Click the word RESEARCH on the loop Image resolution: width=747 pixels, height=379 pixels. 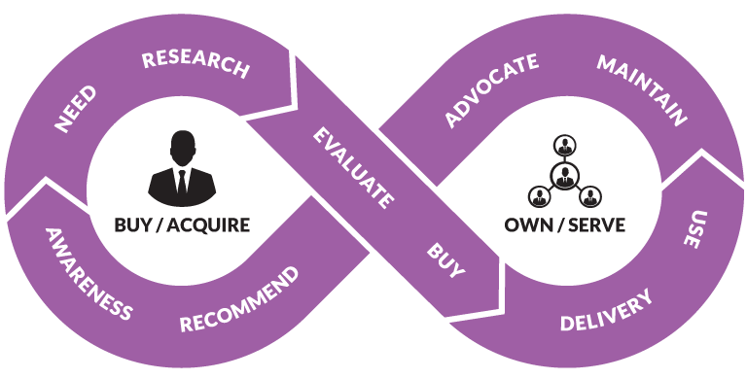[x=196, y=65]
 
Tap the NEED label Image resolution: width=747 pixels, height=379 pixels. [x=75, y=109]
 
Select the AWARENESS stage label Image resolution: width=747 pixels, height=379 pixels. [x=88, y=273]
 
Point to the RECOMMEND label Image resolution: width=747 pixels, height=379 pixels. [x=239, y=299]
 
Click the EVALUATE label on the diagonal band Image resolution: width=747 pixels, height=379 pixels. [x=353, y=167]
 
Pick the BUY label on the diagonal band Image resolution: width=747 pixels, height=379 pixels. [x=445, y=260]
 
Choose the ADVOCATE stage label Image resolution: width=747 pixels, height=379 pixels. [x=491, y=90]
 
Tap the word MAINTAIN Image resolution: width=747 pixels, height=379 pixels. [x=642, y=90]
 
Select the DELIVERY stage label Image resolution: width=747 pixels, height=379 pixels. [x=606, y=310]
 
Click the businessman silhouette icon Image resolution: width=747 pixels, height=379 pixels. [x=182, y=168]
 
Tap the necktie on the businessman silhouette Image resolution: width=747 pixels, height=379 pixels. [x=182, y=183]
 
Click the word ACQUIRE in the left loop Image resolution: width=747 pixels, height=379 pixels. [x=208, y=224]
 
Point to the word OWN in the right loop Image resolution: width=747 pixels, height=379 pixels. [x=528, y=224]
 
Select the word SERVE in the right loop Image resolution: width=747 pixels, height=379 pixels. [x=597, y=224]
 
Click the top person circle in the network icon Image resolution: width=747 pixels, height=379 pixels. [x=565, y=146]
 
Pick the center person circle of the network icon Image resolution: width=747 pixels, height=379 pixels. [x=565, y=177]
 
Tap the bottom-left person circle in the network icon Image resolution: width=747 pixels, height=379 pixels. [x=540, y=195]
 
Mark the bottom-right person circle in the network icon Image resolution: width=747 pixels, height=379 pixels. [x=590, y=195]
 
